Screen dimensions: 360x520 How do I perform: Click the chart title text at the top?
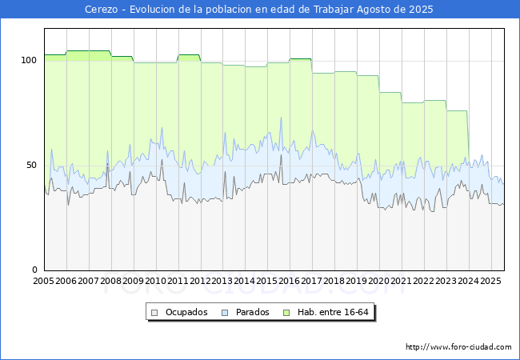tap(259, 10)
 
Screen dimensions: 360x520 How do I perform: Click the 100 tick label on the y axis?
tap(29, 61)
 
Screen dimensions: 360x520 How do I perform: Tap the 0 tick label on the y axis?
tap(34, 270)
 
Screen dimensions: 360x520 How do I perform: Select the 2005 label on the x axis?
tap(44, 282)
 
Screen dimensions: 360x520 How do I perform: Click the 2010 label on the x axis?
tap(155, 282)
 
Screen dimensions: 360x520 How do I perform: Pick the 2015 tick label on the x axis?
tap(267, 282)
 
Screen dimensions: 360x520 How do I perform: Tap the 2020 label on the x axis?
tap(379, 282)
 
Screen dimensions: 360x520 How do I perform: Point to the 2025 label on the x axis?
tap(490, 282)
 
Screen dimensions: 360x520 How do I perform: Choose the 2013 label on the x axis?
tap(222, 282)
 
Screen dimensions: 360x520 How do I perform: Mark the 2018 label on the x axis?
tap(334, 282)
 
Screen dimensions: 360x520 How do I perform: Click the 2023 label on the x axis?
tap(446, 282)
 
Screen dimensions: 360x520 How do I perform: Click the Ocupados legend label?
tap(186, 312)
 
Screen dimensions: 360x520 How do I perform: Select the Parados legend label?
tap(253, 312)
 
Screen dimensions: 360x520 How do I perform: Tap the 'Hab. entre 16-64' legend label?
tap(334, 312)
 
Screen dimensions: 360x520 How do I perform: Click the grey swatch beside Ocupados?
tap(155, 312)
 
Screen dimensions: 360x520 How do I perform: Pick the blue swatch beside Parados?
tap(226, 312)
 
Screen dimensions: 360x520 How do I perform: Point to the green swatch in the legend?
tap(289, 312)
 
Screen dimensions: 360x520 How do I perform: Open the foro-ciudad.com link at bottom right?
tap(458, 347)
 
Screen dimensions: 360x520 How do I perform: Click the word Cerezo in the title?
tap(102, 10)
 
